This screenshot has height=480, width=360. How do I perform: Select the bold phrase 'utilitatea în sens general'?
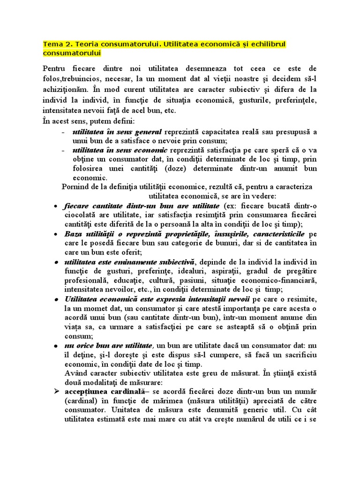click(117, 132)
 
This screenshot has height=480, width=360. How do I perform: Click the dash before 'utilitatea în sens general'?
click(63, 132)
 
